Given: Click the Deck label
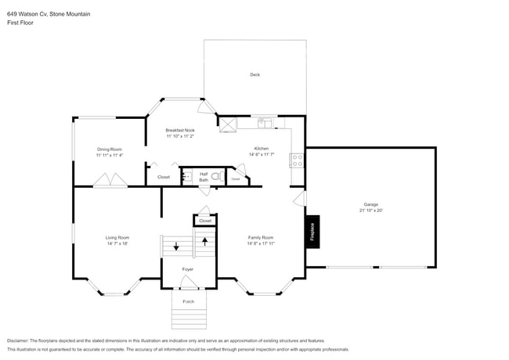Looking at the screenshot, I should click(x=254, y=75).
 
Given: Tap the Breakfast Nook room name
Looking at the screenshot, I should click(x=180, y=130).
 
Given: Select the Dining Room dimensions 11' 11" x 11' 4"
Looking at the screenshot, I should click(x=110, y=155).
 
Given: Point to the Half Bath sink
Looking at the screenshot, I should click(x=186, y=177).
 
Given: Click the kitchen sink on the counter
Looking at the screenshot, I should click(x=265, y=123).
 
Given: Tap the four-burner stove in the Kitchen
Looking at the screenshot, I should click(x=297, y=160).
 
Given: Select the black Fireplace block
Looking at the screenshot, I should click(x=312, y=232).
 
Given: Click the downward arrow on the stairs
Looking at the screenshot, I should click(x=175, y=247).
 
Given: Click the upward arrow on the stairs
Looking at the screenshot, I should click(x=205, y=241).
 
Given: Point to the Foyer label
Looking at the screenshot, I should click(x=188, y=269).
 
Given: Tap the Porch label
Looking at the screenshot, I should click(x=188, y=301).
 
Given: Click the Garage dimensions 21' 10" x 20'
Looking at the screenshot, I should click(x=370, y=211).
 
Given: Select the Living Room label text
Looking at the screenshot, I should click(x=117, y=237).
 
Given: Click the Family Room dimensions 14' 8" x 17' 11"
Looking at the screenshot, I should click(x=261, y=243).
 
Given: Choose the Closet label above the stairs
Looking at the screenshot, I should click(x=204, y=221).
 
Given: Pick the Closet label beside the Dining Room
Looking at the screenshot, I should click(x=164, y=177).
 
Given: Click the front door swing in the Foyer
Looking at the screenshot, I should click(x=189, y=284).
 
